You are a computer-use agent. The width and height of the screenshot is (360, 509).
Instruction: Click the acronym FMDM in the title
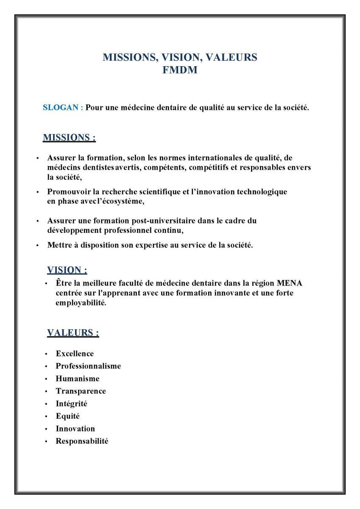(x=180, y=70)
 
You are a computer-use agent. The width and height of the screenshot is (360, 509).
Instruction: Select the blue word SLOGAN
(x=61, y=107)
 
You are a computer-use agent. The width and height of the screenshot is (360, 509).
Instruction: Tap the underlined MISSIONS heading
(x=69, y=137)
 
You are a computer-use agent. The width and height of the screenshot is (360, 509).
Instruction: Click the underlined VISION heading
(x=67, y=270)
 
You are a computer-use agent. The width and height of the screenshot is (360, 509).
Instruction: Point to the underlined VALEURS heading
(x=73, y=333)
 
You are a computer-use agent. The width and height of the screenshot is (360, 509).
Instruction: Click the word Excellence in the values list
(x=75, y=353)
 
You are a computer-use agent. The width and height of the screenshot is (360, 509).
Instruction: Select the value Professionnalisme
(x=88, y=366)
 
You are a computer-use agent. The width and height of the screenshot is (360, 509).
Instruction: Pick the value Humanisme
(x=78, y=378)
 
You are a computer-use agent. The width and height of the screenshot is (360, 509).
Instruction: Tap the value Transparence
(x=81, y=391)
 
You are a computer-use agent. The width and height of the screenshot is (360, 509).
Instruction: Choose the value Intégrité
(x=71, y=403)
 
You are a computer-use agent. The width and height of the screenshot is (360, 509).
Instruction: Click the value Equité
(x=68, y=416)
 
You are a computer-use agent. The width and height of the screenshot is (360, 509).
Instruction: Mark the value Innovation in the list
(x=75, y=428)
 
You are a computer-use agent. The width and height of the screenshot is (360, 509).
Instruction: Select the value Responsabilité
(x=82, y=441)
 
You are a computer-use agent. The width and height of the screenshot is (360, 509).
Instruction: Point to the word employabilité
(x=81, y=303)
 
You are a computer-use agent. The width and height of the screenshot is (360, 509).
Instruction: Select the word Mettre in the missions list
(x=59, y=245)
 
